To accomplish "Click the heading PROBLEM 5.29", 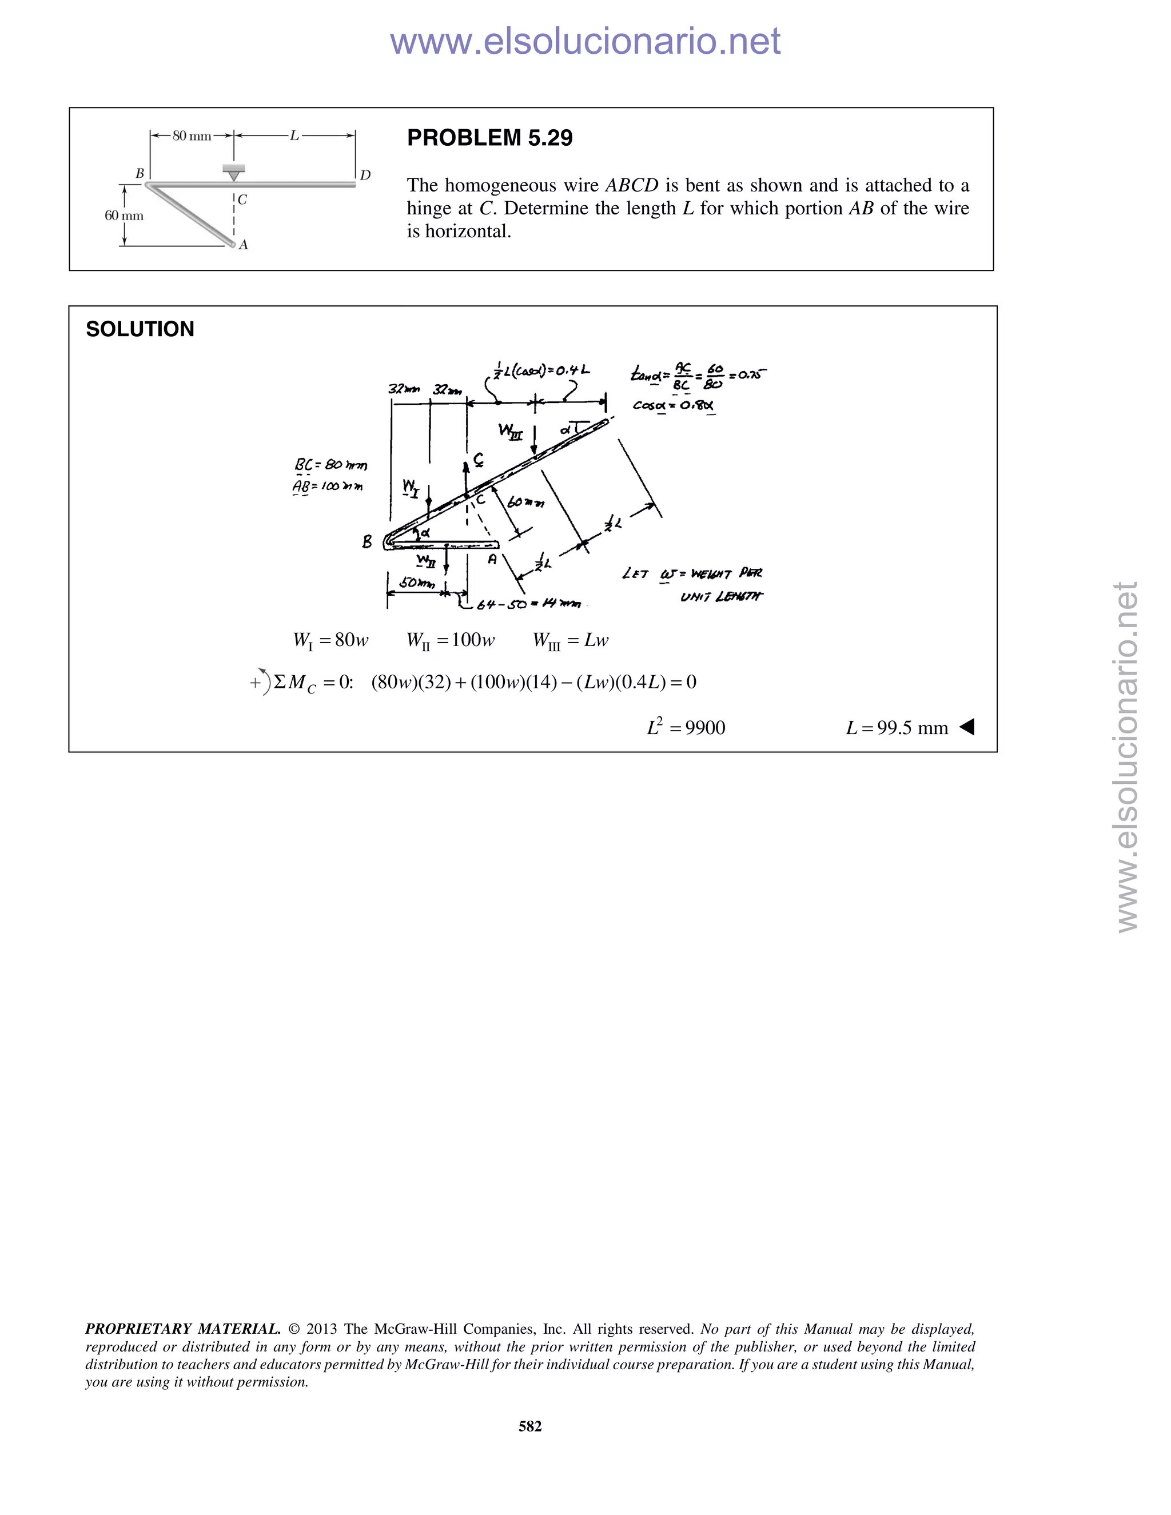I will point(490,138).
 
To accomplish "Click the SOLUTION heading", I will point(140,329).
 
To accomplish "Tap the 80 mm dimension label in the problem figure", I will point(192,136).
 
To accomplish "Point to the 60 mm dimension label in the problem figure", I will point(124,216).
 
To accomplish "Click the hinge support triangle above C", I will point(234,173).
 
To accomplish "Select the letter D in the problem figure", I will point(365,176).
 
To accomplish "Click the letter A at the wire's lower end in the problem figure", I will point(244,245).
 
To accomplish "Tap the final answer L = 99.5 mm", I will point(897,728).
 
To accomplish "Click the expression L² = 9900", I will point(686,728).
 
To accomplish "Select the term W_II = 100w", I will point(450,640).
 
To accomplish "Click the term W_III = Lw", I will point(570,640).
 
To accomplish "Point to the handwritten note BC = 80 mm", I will point(331,464).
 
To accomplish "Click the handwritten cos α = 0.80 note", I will point(673,405).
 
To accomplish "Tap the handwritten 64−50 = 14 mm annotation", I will point(527,604).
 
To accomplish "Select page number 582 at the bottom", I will point(530,1425).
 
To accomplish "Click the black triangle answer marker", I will point(967,727).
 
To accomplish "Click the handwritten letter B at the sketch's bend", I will point(367,542).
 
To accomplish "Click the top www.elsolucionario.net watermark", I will point(585,41).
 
